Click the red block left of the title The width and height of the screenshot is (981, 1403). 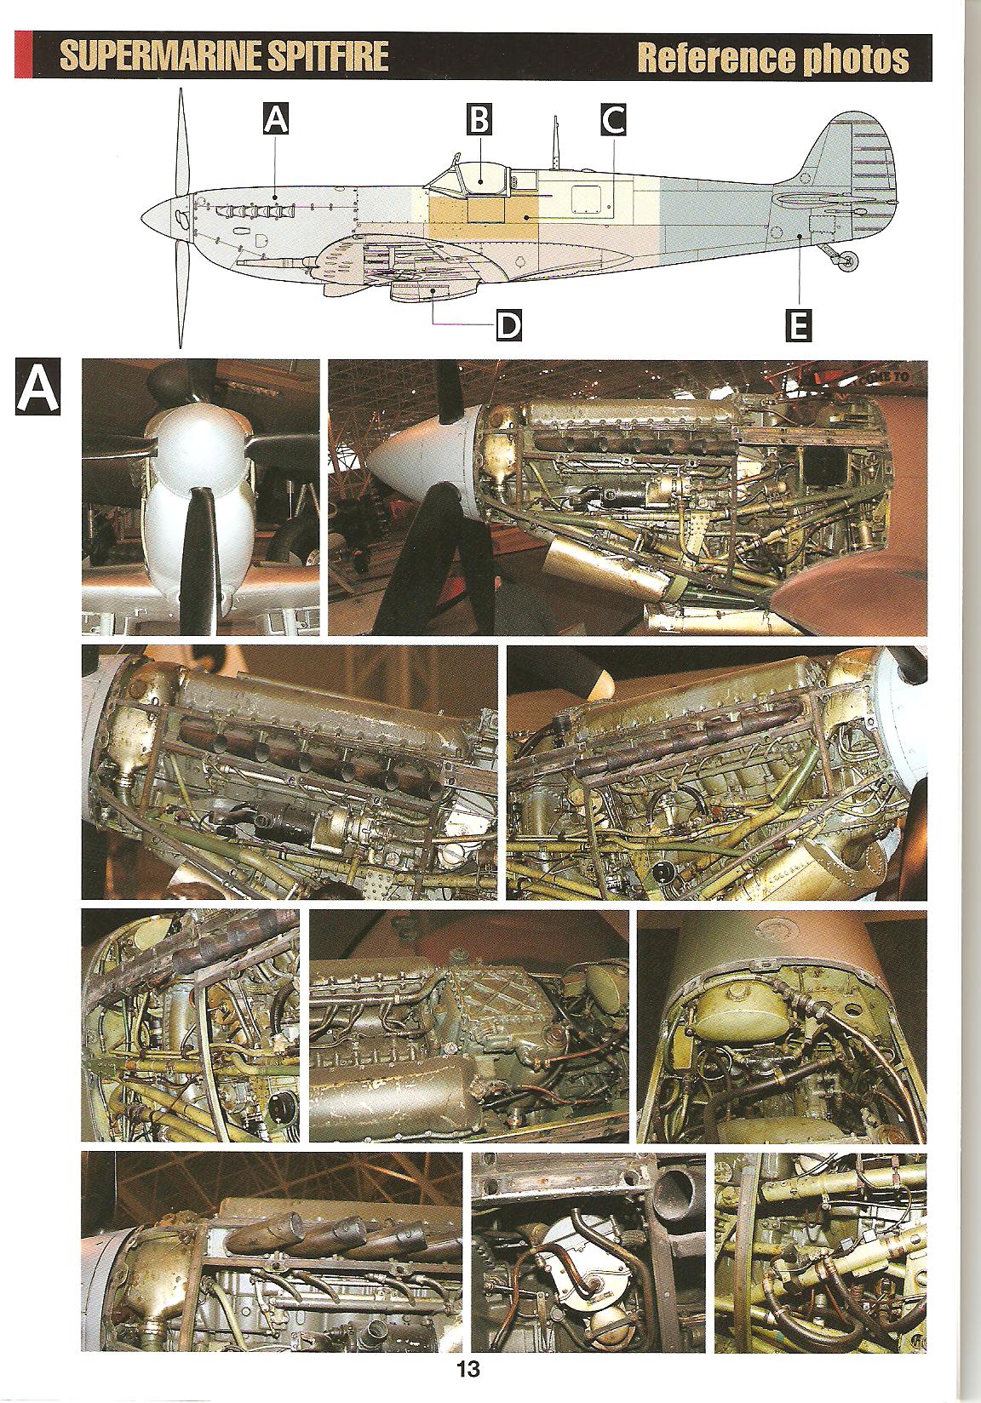23,55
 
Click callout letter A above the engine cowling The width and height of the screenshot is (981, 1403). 276,120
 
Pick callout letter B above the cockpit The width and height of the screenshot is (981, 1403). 479,119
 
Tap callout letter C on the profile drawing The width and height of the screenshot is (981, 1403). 613,120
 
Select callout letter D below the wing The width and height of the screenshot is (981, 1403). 508,326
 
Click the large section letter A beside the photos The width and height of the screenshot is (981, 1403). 38,386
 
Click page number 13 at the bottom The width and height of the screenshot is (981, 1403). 468,1369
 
